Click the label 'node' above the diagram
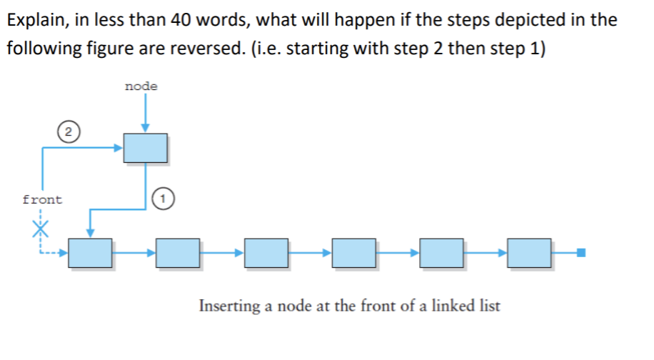(141, 86)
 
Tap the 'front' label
(42, 200)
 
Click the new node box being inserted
(146, 147)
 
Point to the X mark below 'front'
(42, 228)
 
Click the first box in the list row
(91, 253)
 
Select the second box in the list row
(178, 253)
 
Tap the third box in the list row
(266, 253)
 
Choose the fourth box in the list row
(354, 253)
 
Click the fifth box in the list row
(442, 253)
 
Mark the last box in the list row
(530, 253)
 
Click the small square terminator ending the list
(582, 252)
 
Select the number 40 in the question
(182, 19)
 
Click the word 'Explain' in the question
(33, 19)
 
